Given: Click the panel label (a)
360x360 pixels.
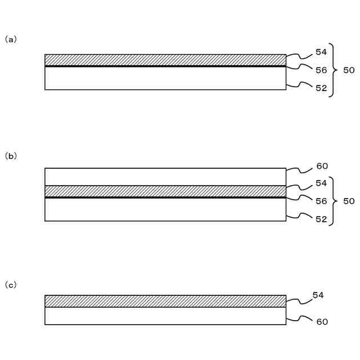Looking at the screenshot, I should click(x=11, y=39).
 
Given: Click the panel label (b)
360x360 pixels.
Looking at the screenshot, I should click(x=11, y=156).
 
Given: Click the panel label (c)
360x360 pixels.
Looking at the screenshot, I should click(x=11, y=285).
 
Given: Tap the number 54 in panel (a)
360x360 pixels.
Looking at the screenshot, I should click(x=321, y=52).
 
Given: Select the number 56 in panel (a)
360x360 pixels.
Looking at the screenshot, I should click(x=321, y=70).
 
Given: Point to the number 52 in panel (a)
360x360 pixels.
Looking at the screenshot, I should click(x=321, y=88).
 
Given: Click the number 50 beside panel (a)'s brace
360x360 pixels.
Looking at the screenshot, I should click(x=349, y=70).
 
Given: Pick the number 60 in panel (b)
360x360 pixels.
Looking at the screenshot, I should click(x=322, y=166).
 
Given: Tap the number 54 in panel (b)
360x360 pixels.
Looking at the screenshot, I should click(x=321, y=183).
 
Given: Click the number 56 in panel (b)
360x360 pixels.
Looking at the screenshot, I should click(x=321, y=201).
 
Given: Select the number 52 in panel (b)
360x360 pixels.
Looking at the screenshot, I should click(x=321, y=219).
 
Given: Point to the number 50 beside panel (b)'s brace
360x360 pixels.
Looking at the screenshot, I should click(x=349, y=201).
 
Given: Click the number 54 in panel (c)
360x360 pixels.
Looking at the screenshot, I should click(x=318, y=295).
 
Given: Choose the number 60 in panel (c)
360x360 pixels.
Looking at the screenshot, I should click(x=322, y=322).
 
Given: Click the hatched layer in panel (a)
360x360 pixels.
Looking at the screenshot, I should click(x=165, y=60).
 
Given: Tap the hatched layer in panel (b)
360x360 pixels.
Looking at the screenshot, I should click(x=165, y=191).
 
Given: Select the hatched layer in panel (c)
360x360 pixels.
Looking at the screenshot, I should click(x=165, y=301).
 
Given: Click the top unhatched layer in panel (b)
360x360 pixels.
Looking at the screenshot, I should click(x=165, y=177).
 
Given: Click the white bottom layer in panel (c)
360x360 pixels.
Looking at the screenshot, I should click(x=165, y=316).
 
